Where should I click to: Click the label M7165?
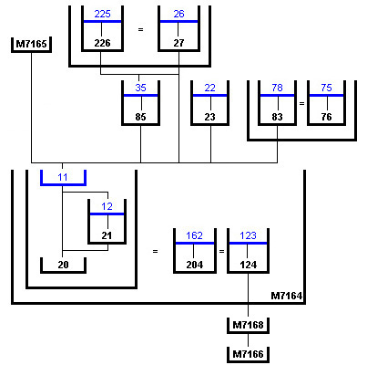point(31,44)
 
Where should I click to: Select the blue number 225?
point(102,14)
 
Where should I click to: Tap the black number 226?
point(102,43)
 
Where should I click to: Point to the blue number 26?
point(178,14)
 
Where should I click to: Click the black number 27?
point(178,43)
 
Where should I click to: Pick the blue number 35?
point(140,88)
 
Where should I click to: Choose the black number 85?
point(140,117)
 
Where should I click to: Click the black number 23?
point(209,117)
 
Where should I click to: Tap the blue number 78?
point(277,88)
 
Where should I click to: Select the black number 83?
point(277,117)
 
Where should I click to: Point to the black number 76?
point(326,117)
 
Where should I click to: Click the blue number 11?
point(63,177)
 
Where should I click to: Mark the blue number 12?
point(107,206)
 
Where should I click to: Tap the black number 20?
point(63,265)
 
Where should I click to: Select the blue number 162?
point(194,235)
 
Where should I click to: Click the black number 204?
point(194,265)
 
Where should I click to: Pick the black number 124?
point(248,265)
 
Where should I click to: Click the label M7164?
point(287,296)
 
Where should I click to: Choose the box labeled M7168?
point(248,326)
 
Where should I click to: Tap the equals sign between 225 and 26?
point(140,30)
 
